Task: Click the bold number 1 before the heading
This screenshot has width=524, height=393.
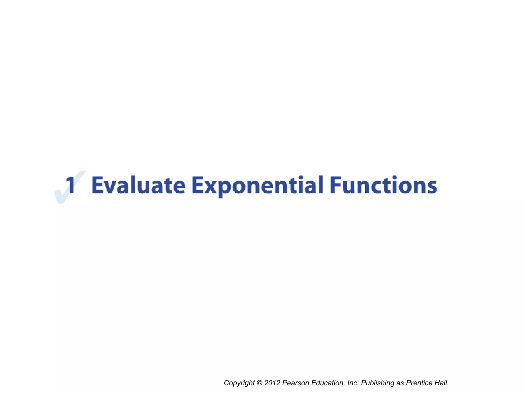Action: click(x=70, y=185)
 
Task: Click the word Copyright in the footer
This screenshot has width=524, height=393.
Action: click(x=239, y=383)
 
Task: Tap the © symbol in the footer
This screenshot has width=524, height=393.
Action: click(x=259, y=383)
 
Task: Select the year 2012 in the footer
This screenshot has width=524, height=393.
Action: click(x=272, y=383)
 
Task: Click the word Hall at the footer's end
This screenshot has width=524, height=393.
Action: click(x=442, y=383)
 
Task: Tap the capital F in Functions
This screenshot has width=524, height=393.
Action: click(x=335, y=185)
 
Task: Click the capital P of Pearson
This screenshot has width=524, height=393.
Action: click(x=284, y=383)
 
